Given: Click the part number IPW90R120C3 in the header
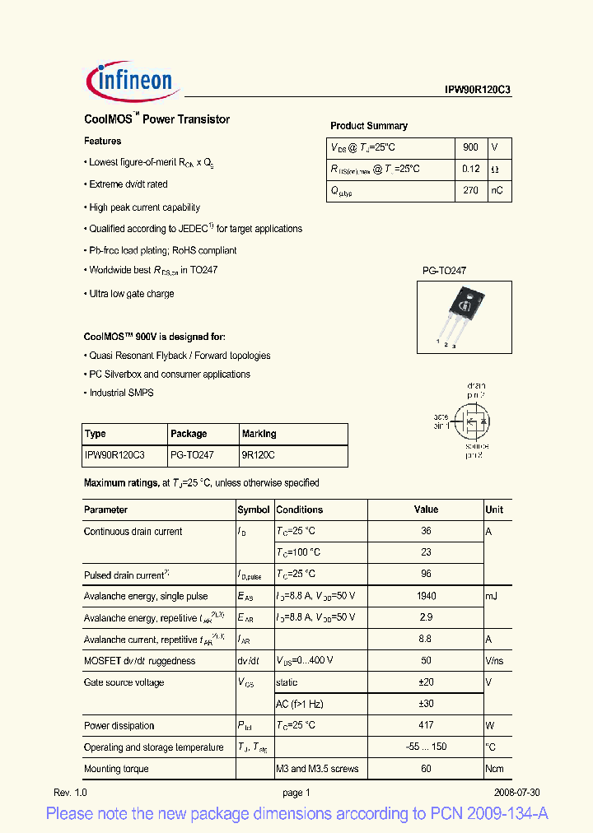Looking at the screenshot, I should [x=474, y=91].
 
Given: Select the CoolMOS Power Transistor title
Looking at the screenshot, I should [x=156, y=119].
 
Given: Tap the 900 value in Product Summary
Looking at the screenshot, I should [x=470, y=147].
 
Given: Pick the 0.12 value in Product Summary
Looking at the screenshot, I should [x=470, y=169].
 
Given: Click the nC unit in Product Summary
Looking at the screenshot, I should [x=497, y=190].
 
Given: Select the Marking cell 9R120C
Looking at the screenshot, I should [x=259, y=455].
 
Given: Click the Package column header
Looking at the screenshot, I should [x=189, y=434].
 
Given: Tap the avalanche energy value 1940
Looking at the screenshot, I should [x=426, y=596].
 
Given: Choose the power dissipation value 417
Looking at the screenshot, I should [x=426, y=725].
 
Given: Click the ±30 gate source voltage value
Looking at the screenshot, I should [x=426, y=704].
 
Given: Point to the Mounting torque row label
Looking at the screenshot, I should [x=116, y=769].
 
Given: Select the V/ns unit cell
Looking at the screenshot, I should [x=496, y=661].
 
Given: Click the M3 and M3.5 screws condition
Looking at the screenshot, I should [x=317, y=769].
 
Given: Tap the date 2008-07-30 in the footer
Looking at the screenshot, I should [x=516, y=793].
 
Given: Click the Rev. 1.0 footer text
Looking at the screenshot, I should [x=70, y=793].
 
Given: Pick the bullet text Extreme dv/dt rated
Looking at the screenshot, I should [x=128, y=184].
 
